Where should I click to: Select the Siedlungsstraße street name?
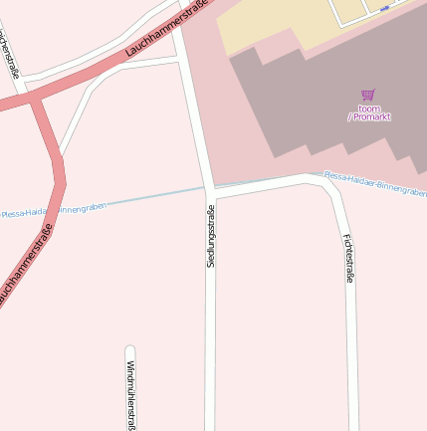pyautogui.click(x=210, y=237)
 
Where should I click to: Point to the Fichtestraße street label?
pyautogui.click(x=348, y=258)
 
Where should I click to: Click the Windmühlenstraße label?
pyautogui.click(x=130, y=395)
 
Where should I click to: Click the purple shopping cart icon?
pyautogui.click(x=368, y=96)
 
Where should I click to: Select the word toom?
pyautogui.click(x=368, y=108)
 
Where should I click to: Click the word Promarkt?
pyautogui.click(x=371, y=117)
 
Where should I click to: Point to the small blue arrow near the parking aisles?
pyautogui.click(x=384, y=9)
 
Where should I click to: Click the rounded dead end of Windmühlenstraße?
pyautogui.click(x=130, y=350)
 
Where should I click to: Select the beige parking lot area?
pyautogui.click(x=269, y=30)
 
